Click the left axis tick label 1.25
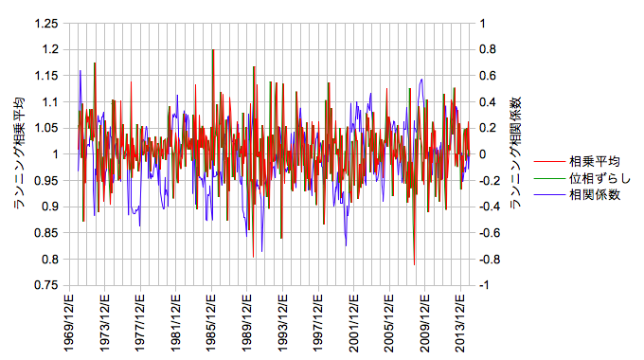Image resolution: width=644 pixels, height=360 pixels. [x=46, y=24]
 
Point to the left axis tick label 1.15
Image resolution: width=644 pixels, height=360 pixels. [x=46, y=76]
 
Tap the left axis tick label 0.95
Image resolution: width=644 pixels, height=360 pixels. [x=46, y=180]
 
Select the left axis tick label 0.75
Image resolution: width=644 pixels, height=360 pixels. [x=46, y=285]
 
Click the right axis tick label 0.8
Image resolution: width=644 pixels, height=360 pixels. [x=488, y=49]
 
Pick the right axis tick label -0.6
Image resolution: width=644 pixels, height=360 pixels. [x=490, y=233]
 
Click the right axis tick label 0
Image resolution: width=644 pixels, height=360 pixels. [x=483, y=154]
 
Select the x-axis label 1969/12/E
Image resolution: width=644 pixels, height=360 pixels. [x=68, y=323]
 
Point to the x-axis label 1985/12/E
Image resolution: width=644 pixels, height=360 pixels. [x=211, y=323]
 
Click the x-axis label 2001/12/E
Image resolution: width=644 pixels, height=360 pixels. [x=353, y=323]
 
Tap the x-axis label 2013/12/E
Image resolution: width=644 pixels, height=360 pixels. [x=460, y=323]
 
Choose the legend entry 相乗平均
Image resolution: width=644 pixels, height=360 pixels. [x=595, y=161]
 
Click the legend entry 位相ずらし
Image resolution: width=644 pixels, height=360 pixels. [x=599, y=178]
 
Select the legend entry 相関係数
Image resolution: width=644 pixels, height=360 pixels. [x=595, y=195]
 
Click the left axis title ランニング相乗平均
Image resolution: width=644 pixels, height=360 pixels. [x=19, y=153]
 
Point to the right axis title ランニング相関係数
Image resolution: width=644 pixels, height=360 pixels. [x=515, y=153]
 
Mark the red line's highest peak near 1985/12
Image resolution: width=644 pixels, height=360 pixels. [x=214, y=49]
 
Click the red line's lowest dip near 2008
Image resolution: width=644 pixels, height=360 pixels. [x=415, y=264]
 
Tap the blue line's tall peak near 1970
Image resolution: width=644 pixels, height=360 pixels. [x=80, y=71]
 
